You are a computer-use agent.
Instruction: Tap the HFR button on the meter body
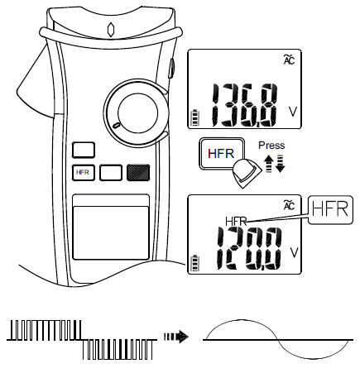click(84, 173)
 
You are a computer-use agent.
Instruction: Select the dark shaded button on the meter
click(138, 172)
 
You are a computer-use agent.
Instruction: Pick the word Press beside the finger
click(271, 143)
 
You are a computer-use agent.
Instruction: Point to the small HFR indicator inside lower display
click(237, 221)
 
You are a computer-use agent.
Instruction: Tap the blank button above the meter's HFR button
click(84, 151)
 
